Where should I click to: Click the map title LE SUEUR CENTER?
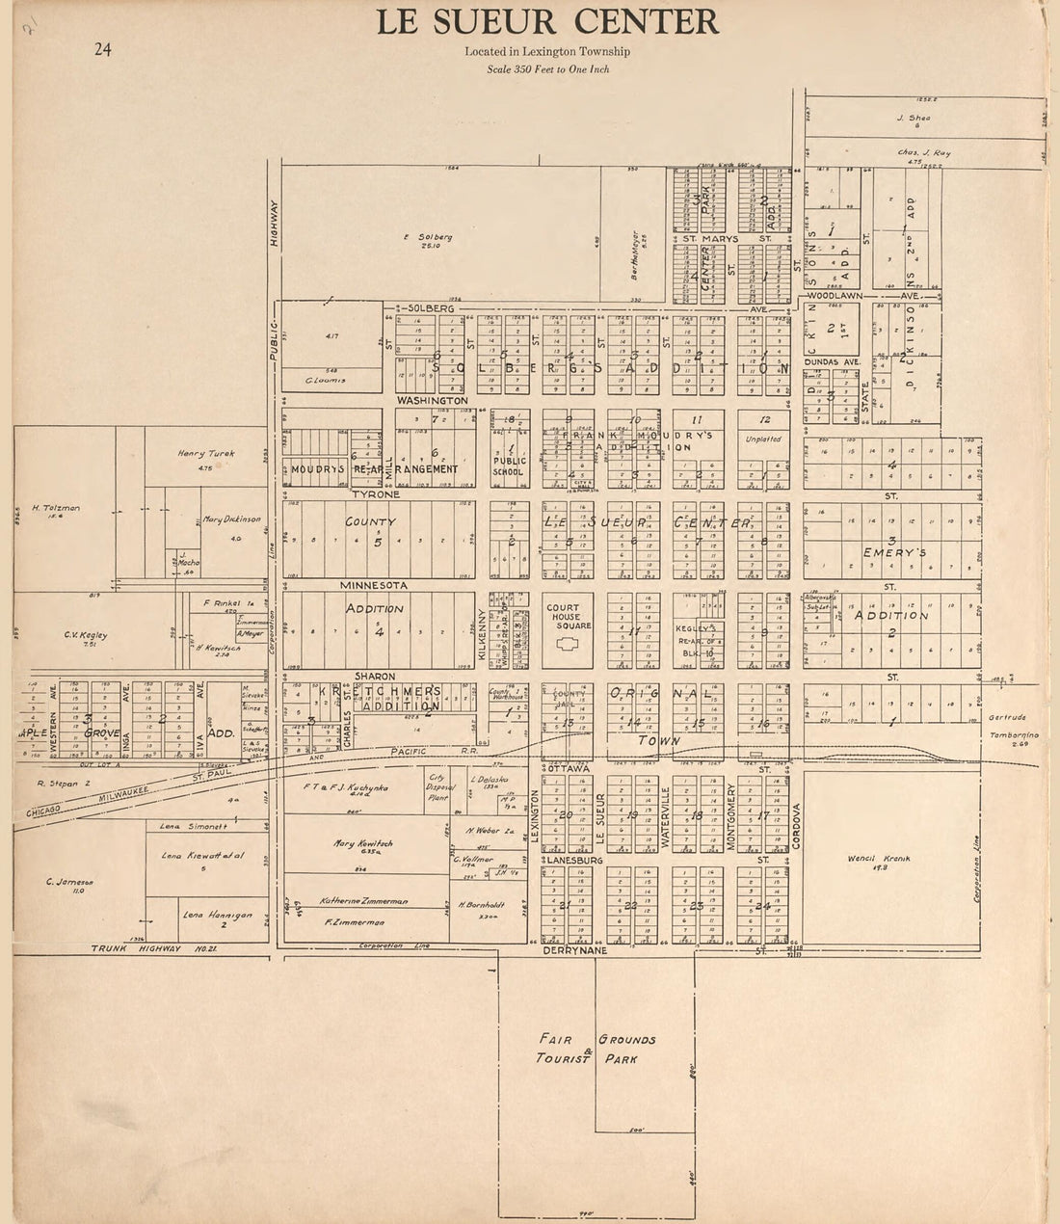[546, 22]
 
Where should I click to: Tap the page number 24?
[102, 50]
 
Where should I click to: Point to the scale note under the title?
[547, 69]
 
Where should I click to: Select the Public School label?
[508, 466]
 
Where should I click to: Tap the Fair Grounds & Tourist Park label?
[597, 1050]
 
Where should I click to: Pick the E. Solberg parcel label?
[427, 240]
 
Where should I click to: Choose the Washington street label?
[432, 399]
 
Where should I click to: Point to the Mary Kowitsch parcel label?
[358, 844]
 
